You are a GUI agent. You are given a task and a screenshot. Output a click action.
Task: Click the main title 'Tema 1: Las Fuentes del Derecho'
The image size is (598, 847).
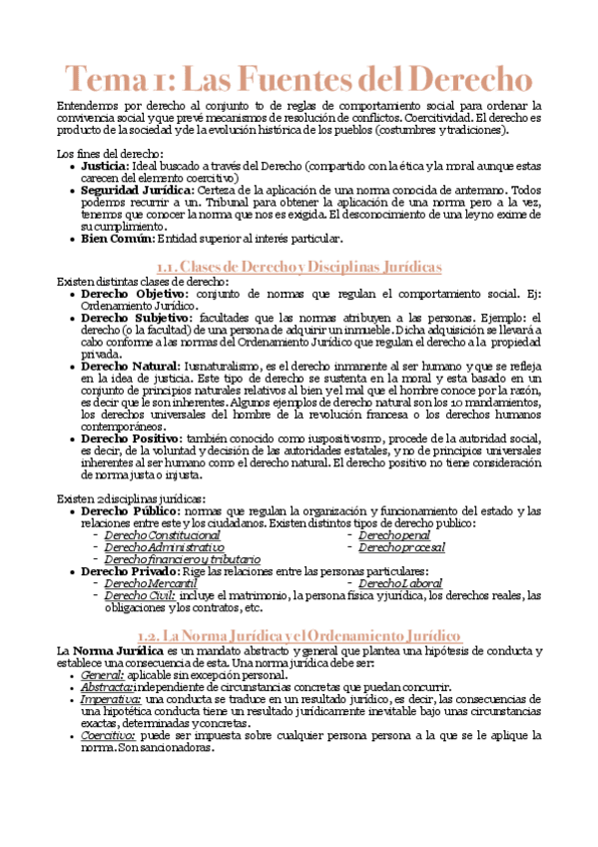tap(299, 78)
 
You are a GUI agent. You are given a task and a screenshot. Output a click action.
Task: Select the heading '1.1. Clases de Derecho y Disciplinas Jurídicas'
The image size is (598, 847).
tap(299, 268)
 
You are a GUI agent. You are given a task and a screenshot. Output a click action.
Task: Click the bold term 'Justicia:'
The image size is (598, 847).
tap(105, 165)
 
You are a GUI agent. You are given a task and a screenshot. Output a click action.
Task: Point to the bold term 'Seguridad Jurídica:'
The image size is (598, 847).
tap(138, 190)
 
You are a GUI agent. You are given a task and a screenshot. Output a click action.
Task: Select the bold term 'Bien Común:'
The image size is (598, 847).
tap(117, 238)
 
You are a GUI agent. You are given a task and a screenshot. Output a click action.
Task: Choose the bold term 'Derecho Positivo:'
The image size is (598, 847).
tap(131, 438)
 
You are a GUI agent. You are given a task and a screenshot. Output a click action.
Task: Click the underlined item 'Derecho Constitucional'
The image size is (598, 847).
tap(163, 535)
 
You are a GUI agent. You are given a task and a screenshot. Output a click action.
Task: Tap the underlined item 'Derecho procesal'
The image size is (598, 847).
tap(401, 547)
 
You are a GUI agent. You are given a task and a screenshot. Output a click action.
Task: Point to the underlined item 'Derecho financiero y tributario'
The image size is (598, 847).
tap(182, 559)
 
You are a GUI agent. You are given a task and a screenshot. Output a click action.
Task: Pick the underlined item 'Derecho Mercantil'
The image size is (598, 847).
tap(151, 583)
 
